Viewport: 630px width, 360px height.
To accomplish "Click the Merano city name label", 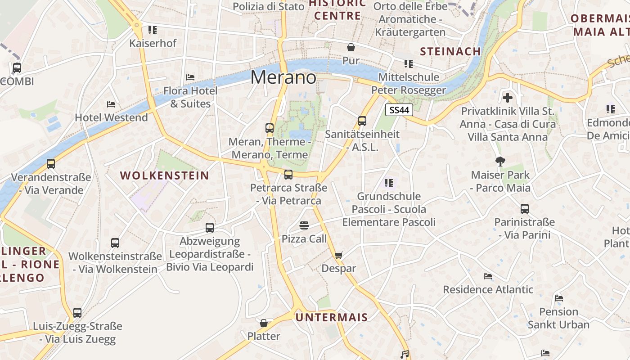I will click(x=283, y=77).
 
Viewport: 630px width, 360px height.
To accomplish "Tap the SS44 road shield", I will click(x=400, y=110).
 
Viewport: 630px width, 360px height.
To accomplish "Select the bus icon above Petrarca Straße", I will click(x=288, y=175).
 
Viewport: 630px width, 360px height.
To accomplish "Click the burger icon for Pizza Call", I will click(x=304, y=225).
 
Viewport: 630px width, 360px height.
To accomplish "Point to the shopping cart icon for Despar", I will click(x=339, y=256).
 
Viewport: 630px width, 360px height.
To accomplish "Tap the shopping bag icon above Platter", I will click(x=264, y=323).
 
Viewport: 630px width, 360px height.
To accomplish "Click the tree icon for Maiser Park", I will click(x=500, y=162).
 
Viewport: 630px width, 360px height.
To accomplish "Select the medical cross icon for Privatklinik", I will click(x=508, y=98).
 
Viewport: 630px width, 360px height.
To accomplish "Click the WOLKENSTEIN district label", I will click(x=165, y=175).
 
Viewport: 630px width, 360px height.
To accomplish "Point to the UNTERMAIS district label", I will click(x=332, y=317).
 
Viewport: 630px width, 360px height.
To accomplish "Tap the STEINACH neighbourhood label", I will click(x=450, y=51).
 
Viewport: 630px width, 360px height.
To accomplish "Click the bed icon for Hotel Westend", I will click(x=111, y=104).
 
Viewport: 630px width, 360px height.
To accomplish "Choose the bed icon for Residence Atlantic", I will click(x=488, y=276).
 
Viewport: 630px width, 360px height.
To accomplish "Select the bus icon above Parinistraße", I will click(x=525, y=209).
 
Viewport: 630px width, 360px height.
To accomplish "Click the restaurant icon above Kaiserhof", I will click(x=153, y=30).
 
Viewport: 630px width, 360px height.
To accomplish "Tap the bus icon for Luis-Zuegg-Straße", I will click(x=77, y=312).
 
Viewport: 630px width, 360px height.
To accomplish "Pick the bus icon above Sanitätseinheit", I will click(x=362, y=121).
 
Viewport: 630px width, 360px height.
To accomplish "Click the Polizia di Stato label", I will click(x=269, y=6).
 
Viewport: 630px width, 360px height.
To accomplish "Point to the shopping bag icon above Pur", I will click(x=351, y=47).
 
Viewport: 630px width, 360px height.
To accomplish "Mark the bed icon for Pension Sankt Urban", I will click(x=559, y=298).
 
